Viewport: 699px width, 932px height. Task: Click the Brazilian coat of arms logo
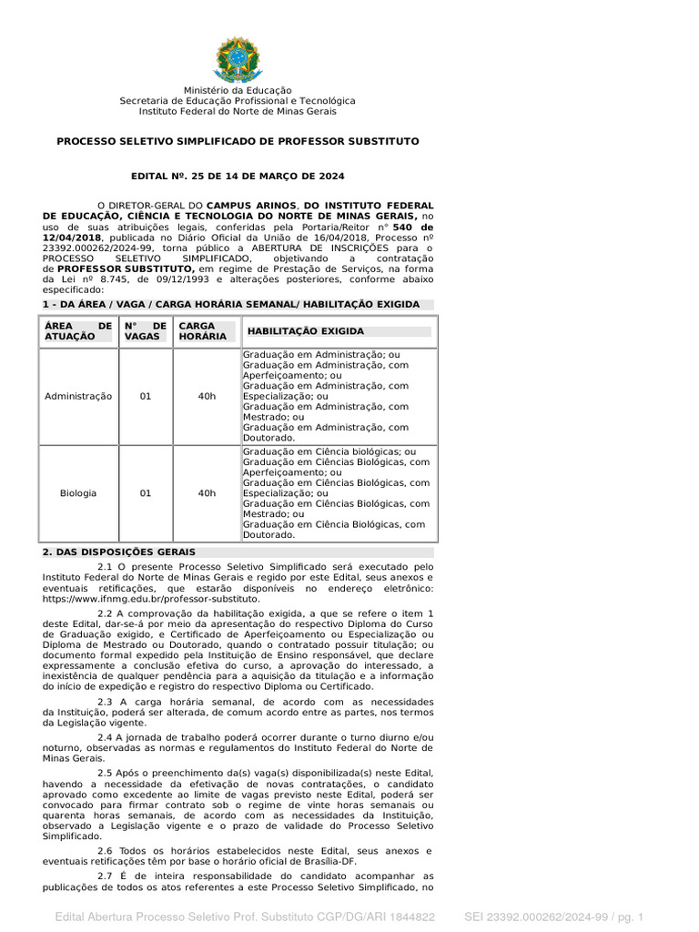[238, 58]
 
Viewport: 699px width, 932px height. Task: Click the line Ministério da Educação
[238, 90]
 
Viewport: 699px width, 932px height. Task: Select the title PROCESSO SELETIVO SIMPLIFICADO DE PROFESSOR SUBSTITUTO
[238, 142]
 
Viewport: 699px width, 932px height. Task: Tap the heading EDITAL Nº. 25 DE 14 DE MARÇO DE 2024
[238, 176]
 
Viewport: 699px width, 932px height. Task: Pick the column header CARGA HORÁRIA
[198, 331]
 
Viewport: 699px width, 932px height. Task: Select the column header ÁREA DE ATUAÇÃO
[78, 331]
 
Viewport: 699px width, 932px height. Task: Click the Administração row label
[78, 397]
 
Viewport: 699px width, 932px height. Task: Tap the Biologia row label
[78, 493]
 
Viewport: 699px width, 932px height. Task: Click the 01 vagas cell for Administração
[146, 397]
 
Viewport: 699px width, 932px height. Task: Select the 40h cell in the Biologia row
[207, 493]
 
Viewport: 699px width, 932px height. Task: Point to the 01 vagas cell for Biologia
[146, 493]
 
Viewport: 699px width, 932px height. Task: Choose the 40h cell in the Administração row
[207, 397]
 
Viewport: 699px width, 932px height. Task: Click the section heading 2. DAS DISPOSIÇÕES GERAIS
[119, 552]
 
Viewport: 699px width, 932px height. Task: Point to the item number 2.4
[104, 736]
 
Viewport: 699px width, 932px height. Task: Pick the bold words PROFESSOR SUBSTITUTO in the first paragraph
[126, 269]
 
